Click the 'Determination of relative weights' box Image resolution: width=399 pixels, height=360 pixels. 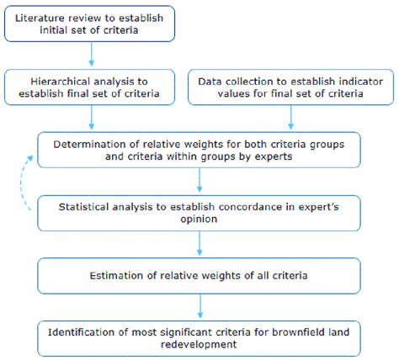pyautogui.click(x=199, y=149)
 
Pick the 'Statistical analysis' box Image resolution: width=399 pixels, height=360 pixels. pyautogui.click(x=199, y=210)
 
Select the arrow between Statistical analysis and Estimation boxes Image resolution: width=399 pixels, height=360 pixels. pyautogui.click(x=199, y=242)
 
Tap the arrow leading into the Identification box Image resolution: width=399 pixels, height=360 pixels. pyautogui.click(x=199, y=304)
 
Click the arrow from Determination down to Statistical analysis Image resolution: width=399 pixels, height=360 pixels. pyautogui.click(x=199, y=179)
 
